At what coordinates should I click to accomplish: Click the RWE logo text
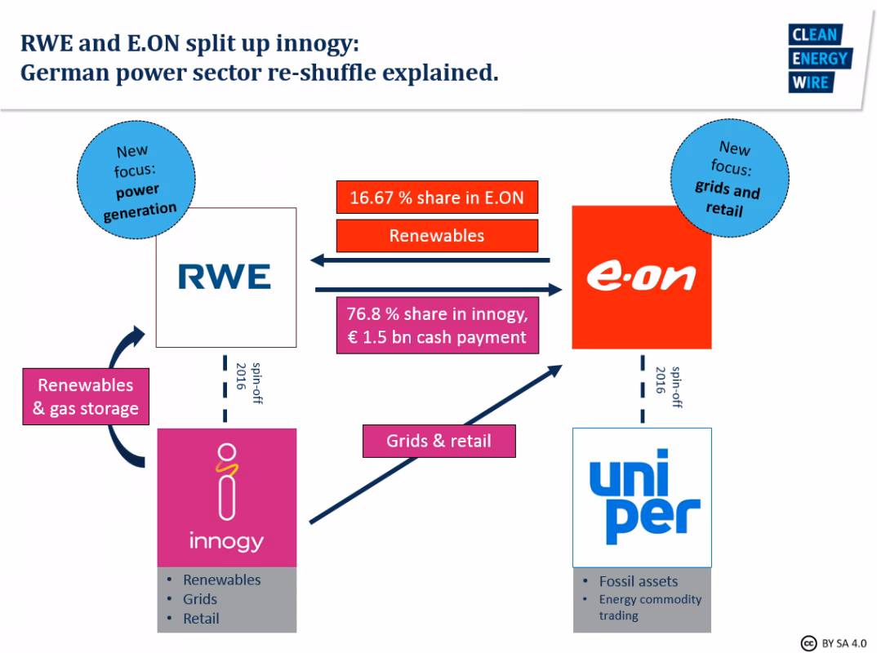pos(225,278)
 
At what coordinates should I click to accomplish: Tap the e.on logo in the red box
pos(641,278)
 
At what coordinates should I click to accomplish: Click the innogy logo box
pos(226,496)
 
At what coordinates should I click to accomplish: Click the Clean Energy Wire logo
pos(819,59)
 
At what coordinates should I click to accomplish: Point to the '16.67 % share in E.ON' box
pos(437,198)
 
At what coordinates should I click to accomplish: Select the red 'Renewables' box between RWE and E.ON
pos(437,236)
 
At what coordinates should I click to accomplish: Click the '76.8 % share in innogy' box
pos(437,325)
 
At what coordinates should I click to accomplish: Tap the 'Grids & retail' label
pos(438,441)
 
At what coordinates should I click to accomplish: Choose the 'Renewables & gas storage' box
pos(86,397)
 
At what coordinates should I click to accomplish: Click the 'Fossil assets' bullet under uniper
pos(638,581)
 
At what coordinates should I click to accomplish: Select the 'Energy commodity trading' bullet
pos(649,607)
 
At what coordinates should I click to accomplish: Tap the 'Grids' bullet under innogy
pos(200,599)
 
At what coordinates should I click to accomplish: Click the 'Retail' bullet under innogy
pos(201,619)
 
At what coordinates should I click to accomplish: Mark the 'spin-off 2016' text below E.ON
pos(667,386)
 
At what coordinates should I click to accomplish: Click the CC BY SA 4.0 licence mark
pos(832,642)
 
